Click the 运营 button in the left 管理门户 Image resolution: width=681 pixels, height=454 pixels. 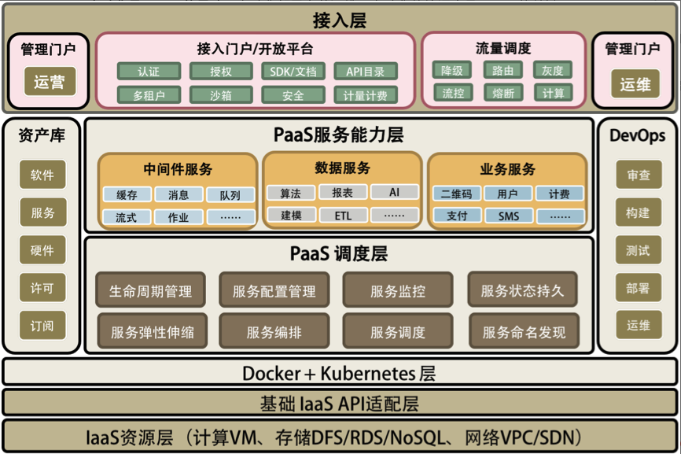pyautogui.click(x=49, y=82)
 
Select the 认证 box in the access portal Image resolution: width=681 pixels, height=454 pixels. pyautogui.click(x=149, y=72)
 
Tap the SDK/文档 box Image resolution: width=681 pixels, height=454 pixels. pyautogui.click(x=293, y=72)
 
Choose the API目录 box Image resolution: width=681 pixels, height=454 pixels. pyautogui.click(x=366, y=72)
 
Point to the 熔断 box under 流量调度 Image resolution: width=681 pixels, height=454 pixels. pyautogui.click(x=502, y=94)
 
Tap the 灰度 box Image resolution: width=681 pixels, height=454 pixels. pyautogui.click(x=553, y=70)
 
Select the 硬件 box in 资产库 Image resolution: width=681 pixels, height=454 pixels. pyautogui.click(x=42, y=250)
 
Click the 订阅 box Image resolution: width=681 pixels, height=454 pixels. pyautogui.click(x=42, y=325)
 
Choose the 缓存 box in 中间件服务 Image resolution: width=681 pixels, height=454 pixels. pyautogui.click(x=127, y=194)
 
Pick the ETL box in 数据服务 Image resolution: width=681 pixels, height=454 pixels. pyautogui.click(x=343, y=215)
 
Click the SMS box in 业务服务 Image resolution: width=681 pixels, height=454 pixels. pyautogui.click(x=507, y=216)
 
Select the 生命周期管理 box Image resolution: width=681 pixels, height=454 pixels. pyautogui.click(x=150, y=291)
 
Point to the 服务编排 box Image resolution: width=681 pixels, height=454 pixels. pyautogui.click(x=274, y=332)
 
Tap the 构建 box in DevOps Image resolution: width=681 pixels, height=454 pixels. pyautogui.click(x=638, y=213)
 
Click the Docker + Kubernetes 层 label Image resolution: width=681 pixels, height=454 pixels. pyautogui.click(x=340, y=373)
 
